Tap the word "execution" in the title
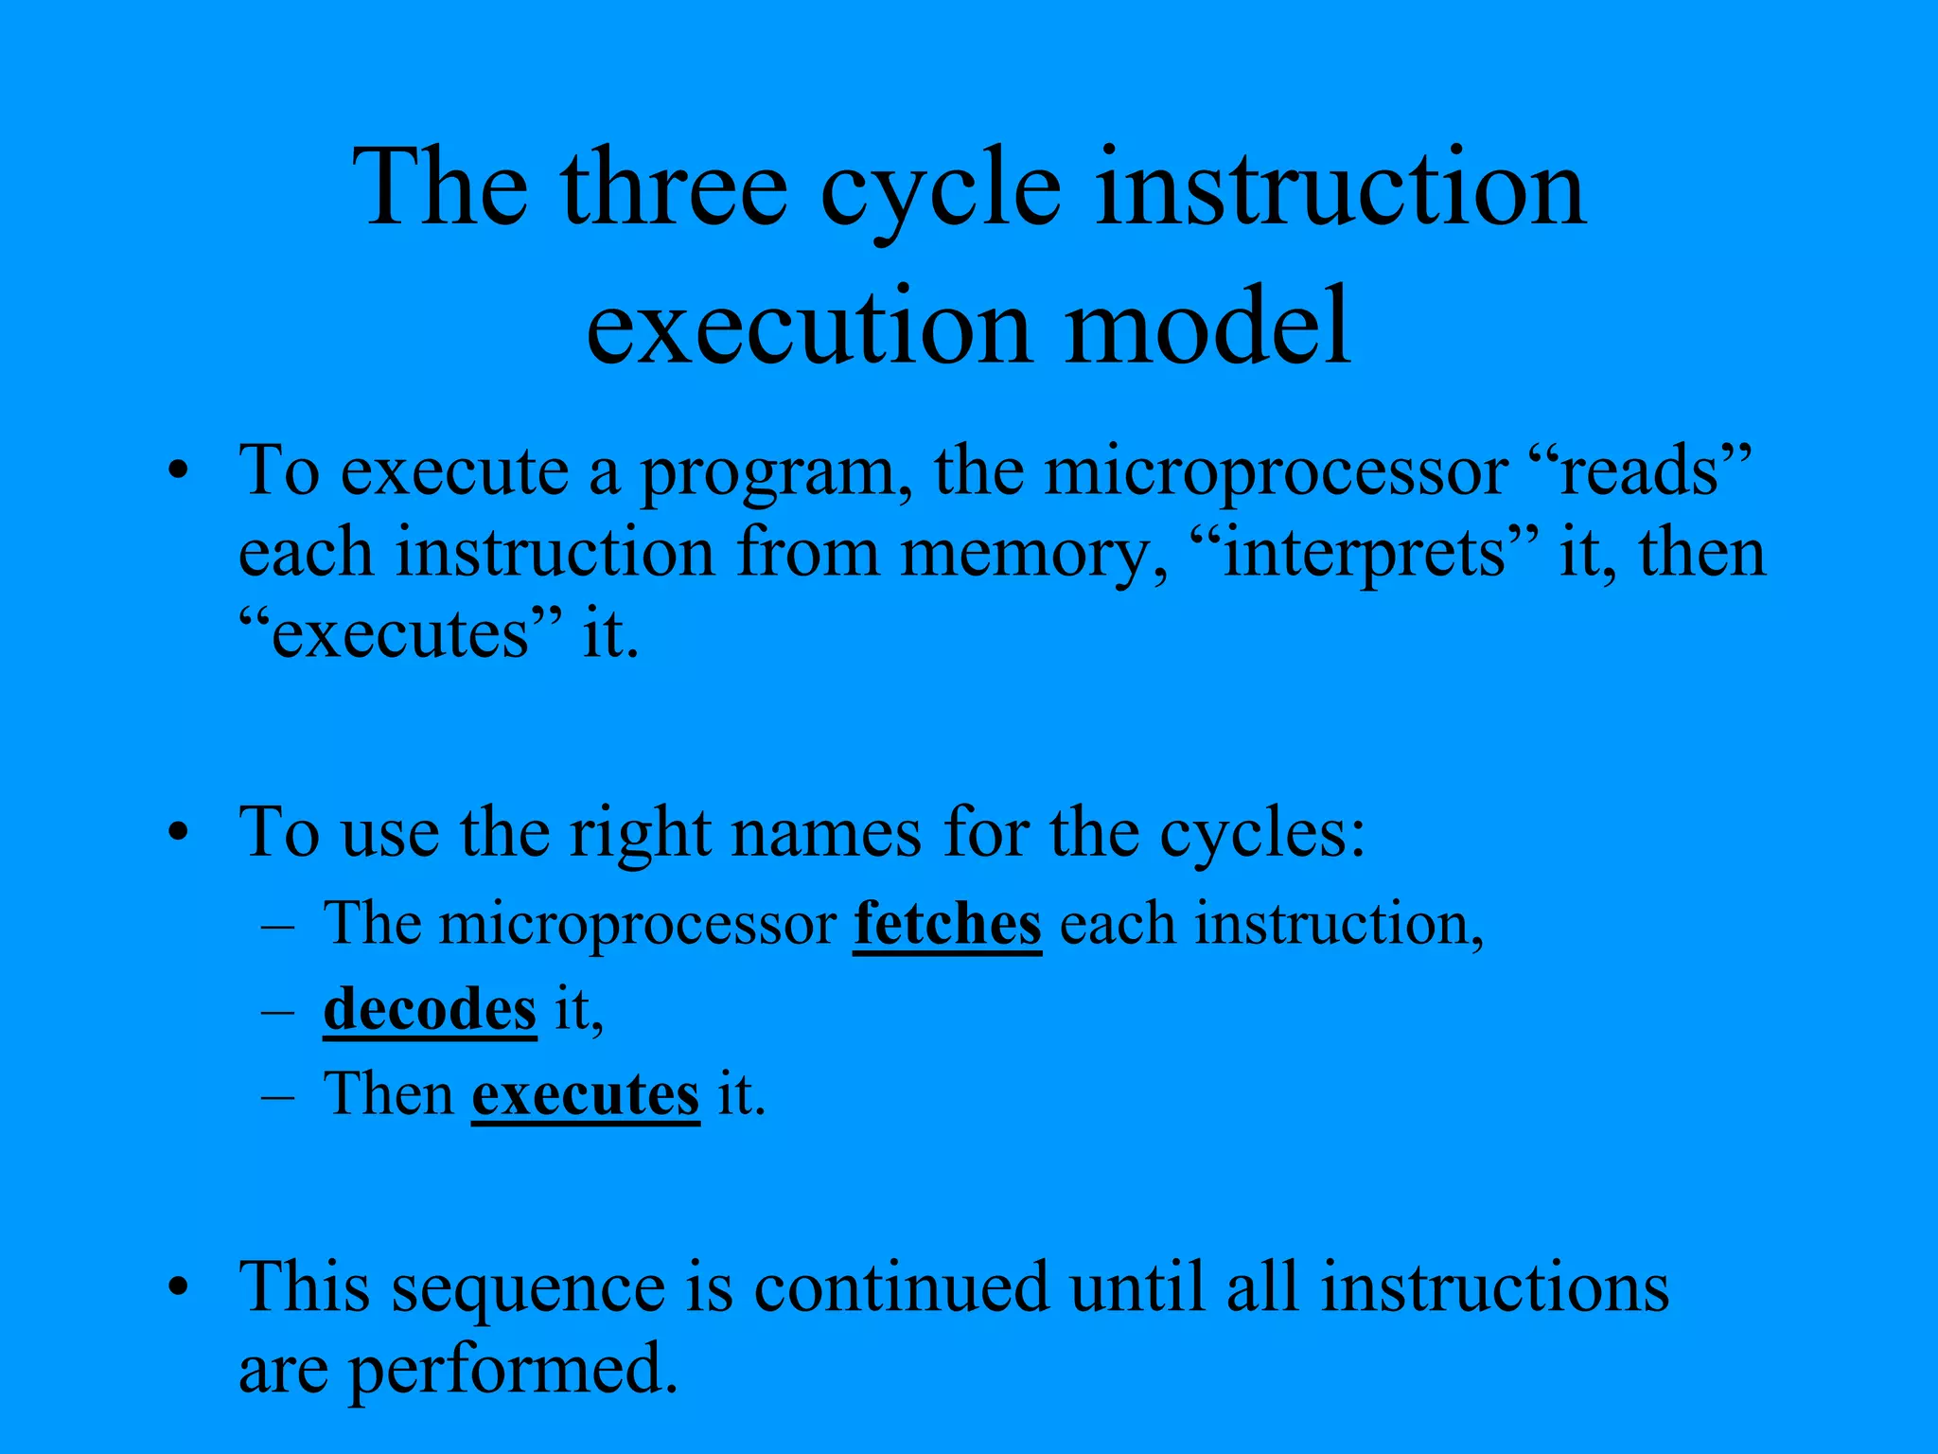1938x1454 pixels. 808,326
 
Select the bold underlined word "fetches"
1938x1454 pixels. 947,923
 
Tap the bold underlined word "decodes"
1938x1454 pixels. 430,1009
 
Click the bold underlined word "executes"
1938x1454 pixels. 586,1094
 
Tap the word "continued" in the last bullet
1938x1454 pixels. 902,1287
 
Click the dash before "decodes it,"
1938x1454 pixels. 277,1011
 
